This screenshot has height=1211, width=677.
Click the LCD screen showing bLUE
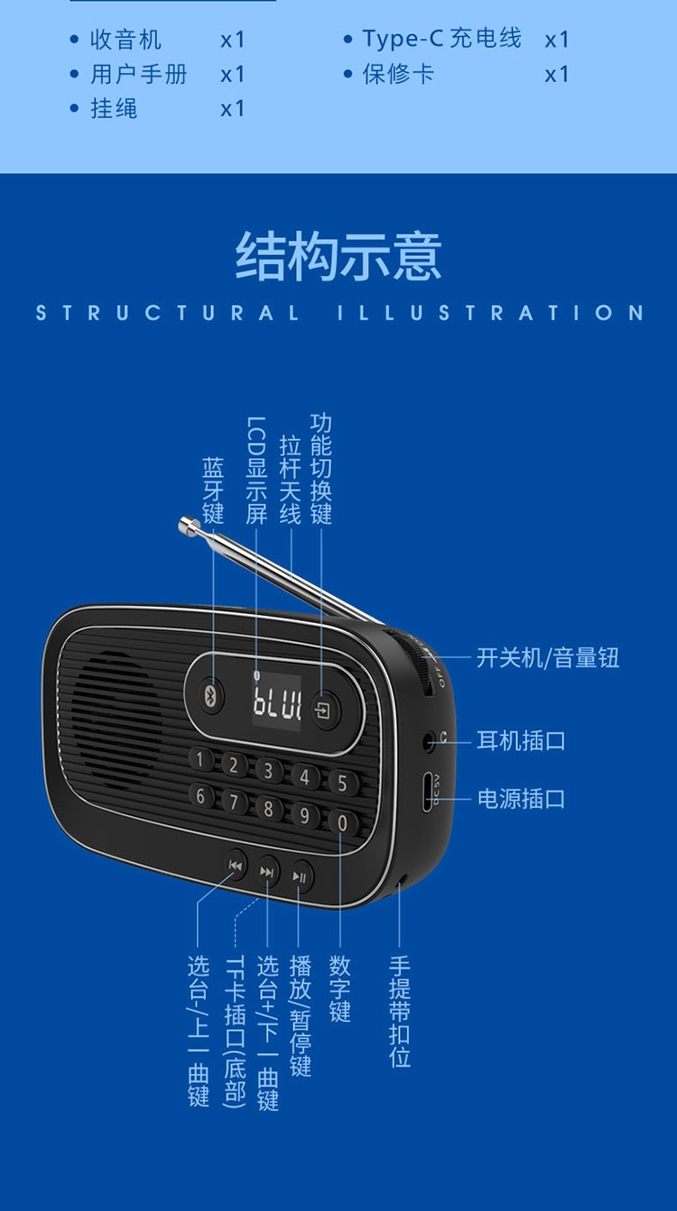[x=275, y=703]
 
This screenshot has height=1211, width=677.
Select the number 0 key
[x=342, y=821]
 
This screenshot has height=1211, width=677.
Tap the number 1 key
[x=199, y=759]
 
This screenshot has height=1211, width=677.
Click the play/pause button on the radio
[x=301, y=876]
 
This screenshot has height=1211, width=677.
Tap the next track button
[x=267, y=871]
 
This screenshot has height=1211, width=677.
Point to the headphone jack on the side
[x=430, y=741]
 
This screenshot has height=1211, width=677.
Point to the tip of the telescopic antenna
[x=187, y=522]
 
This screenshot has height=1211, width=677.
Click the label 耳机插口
[x=521, y=741]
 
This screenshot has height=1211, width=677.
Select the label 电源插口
[x=521, y=799]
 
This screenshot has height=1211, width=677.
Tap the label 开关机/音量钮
[x=548, y=658]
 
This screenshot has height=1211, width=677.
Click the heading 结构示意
[x=338, y=257]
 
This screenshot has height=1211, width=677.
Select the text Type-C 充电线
[x=442, y=39]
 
